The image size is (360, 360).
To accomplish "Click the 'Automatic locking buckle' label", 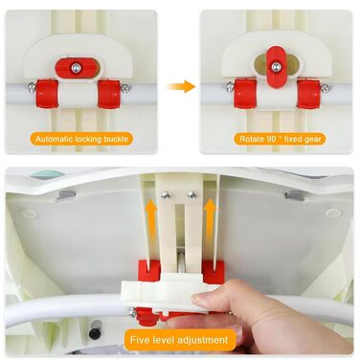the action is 81,139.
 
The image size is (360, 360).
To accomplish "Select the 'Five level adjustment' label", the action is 179,340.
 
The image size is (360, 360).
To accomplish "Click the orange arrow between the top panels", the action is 181,86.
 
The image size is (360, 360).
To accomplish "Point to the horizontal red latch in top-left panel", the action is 76,67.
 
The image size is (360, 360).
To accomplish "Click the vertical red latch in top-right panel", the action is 275,67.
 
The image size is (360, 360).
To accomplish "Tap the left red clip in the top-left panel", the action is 47,94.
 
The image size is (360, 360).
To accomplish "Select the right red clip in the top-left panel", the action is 109,94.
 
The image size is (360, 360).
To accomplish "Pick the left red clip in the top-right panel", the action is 245,94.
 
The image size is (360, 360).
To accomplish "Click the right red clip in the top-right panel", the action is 308,94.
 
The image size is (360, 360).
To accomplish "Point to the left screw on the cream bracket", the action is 166,195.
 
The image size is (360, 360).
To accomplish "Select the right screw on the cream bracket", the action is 192,195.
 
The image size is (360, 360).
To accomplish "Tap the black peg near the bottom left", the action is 95,331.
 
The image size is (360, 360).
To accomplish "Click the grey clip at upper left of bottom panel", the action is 65,195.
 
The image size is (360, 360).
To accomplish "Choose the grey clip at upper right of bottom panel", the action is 294,195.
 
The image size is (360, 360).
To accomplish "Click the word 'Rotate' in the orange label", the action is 252,139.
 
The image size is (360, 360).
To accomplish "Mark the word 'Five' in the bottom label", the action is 140,340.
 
